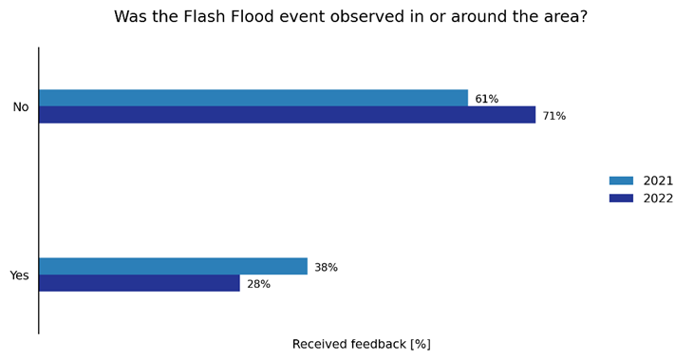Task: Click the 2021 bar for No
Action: [253, 98]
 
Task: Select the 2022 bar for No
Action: [287, 115]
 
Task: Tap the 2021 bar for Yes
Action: [173, 266]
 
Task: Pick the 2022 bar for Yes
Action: [139, 283]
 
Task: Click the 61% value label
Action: [486, 99]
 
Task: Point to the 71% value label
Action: [553, 116]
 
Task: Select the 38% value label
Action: [326, 268]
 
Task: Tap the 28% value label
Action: [258, 284]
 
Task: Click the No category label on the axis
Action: [21, 107]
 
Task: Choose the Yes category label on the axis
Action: [20, 275]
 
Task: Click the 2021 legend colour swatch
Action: [621, 180]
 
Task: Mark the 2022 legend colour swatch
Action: [621, 198]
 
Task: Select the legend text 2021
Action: [658, 180]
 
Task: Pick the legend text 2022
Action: [658, 199]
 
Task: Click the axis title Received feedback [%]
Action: [361, 344]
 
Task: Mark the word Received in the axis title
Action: [321, 344]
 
